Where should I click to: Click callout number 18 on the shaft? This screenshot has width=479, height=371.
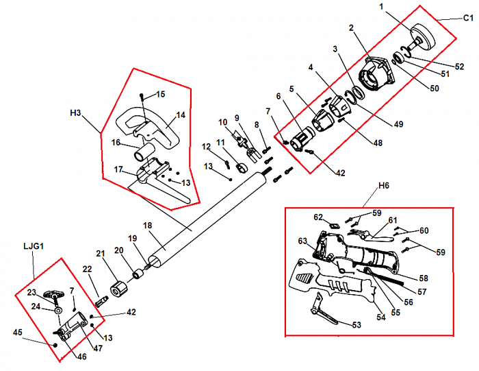(x=146, y=225)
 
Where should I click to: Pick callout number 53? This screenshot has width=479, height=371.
(x=357, y=324)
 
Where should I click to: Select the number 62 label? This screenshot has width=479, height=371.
(x=318, y=217)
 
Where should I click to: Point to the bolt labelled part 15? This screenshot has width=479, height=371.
(x=142, y=97)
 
